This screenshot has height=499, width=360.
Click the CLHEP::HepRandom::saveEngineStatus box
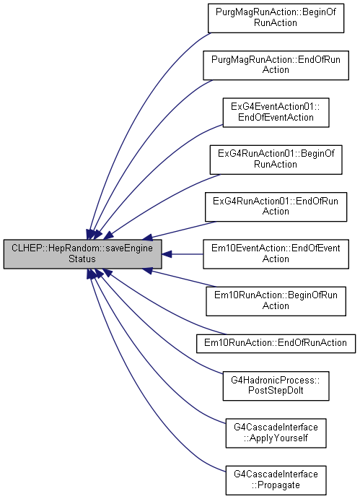coord(83,254)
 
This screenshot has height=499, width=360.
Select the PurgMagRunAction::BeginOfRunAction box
coord(276,18)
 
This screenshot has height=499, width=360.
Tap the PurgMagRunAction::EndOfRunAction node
coord(276,65)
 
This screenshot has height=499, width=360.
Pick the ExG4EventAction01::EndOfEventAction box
coord(276,113)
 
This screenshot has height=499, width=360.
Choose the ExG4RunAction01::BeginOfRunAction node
coord(276,160)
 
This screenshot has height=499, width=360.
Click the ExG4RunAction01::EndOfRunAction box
coord(276,207)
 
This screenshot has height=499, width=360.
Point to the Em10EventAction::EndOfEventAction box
coord(276,254)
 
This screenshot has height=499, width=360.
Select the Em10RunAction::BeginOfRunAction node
coord(276,301)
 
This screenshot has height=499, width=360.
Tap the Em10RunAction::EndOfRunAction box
coord(276,344)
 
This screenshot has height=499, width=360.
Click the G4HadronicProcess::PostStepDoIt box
coord(276,386)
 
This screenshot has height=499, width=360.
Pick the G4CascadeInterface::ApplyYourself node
coord(276,433)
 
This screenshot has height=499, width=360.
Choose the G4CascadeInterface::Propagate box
coord(276,480)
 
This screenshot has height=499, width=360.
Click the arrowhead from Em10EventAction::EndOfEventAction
coord(167,254)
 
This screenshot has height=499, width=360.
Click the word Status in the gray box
coord(82,259)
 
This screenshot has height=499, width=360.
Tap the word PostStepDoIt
coord(276,391)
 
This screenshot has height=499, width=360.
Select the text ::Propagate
coord(276,485)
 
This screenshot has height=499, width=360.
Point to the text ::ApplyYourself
coord(276,438)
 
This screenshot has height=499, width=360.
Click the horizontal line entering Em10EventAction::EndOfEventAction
coord(188,254)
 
